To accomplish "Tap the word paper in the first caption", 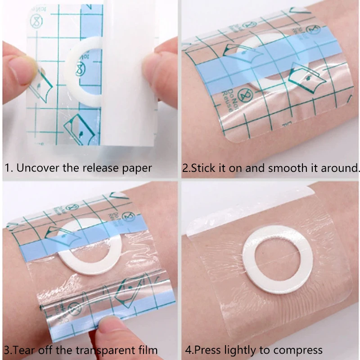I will pyautogui.click(x=137, y=169).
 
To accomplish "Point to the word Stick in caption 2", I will pyautogui.click(x=202, y=168).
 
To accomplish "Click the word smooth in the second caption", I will pyautogui.click(x=284, y=168).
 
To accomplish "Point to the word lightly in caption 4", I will pyautogui.click(x=238, y=350).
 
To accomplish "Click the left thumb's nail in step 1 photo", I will pyautogui.click(x=20, y=67).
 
